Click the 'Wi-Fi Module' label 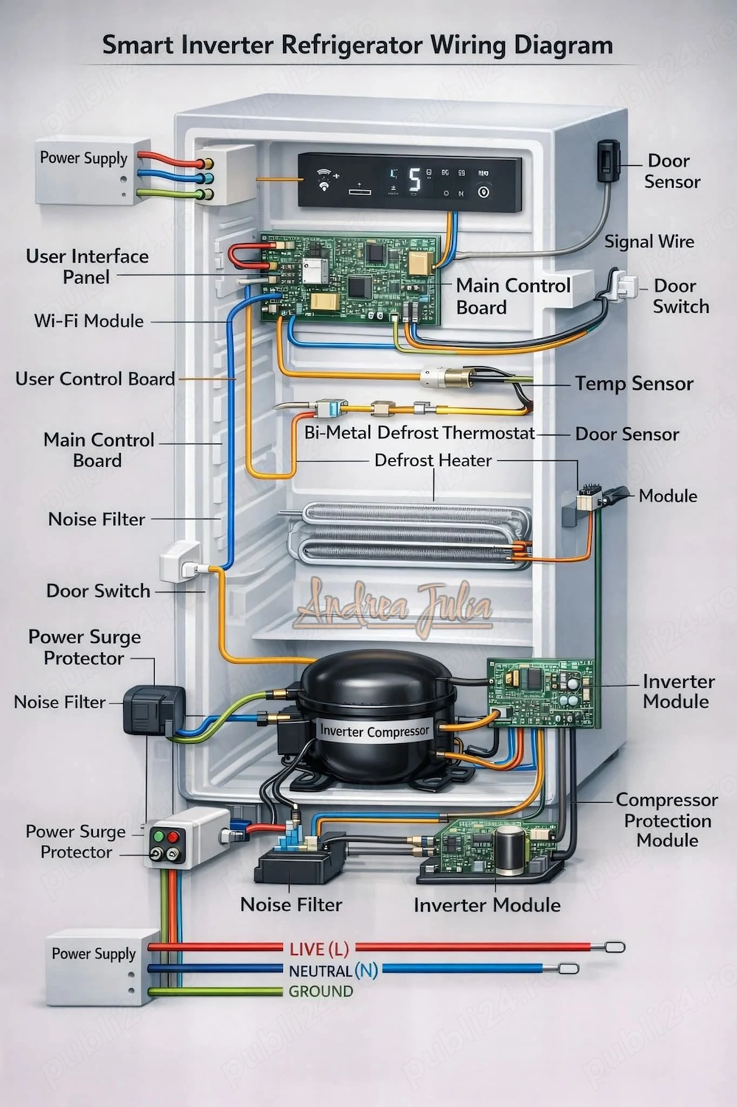click(88, 321)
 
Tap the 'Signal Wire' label click(649, 242)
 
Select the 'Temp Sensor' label click(634, 384)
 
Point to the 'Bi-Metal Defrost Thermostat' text click(419, 432)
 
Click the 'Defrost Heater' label click(433, 460)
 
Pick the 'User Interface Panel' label click(87, 267)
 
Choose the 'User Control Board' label click(95, 379)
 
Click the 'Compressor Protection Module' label click(666, 820)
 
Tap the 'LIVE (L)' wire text click(319, 949)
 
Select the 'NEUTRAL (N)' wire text click(333, 971)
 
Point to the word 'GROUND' click(321, 991)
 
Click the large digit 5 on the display click(415, 179)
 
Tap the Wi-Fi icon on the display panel click(324, 180)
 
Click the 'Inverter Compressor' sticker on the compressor click(374, 731)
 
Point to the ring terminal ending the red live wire click(615, 947)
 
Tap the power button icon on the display click(483, 192)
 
